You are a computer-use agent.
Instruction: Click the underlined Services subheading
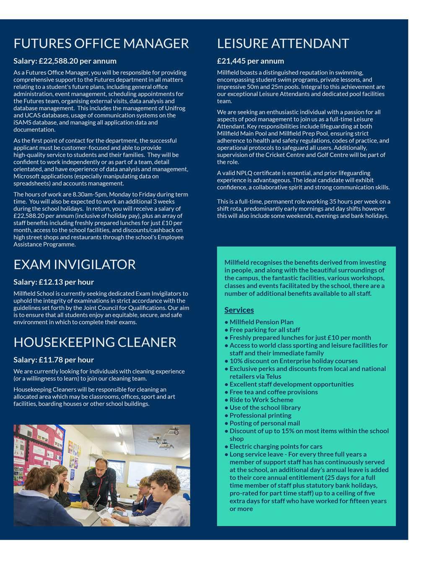239,310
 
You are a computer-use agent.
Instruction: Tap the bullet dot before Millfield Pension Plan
226,322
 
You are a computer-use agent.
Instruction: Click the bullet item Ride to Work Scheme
261,400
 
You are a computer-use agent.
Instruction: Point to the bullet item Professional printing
260,415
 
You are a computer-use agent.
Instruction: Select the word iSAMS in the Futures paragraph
22,123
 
